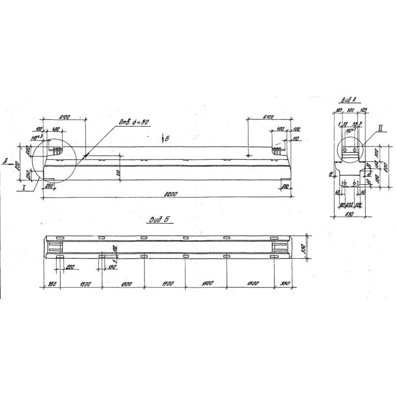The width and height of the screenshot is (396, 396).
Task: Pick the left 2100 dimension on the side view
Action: coord(64,117)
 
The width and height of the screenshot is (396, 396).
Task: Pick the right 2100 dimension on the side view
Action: coord(268,117)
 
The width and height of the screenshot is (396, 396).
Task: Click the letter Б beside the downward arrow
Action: coord(167,139)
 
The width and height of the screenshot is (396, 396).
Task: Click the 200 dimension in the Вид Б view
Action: coord(69,267)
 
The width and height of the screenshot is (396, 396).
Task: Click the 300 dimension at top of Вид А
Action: coord(350,110)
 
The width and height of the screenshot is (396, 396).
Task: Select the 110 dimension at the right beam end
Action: coord(296,139)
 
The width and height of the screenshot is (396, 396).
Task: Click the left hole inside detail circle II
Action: coord(346,149)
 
